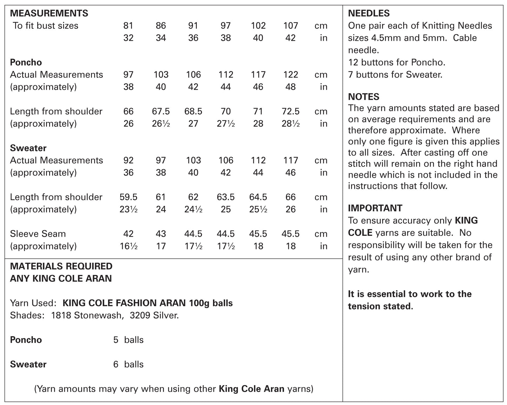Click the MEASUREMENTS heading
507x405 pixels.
tap(49, 13)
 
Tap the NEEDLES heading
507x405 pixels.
tap(369, 13)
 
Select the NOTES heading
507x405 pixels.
tap(363, 97)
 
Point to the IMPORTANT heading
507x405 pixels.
tap(375, 208)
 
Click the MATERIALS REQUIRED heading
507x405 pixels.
tap(61, 266)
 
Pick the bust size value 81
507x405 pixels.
tap(128, 26)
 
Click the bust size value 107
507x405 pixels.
tap(291, 26)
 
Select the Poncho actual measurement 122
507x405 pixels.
tap(291, 74)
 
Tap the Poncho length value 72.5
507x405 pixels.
tap(291, 111)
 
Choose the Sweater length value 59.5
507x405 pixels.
tap(128, 197)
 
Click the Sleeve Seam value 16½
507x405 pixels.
tap(128, 246)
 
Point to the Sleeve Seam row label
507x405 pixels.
tap(38, 234)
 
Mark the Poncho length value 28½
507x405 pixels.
tap(291, 124)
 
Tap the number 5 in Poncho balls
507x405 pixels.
tap(116, 340)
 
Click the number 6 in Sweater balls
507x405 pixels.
tap(116, 364)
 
